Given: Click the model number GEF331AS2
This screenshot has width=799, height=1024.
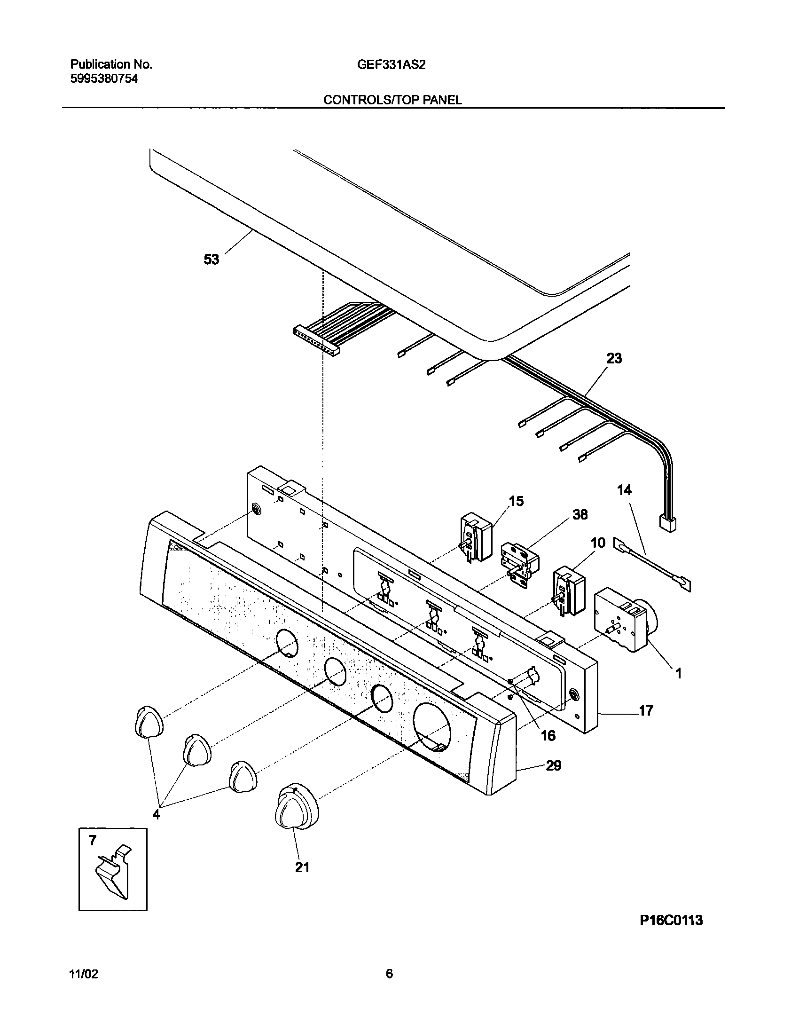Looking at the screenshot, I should (391, 65).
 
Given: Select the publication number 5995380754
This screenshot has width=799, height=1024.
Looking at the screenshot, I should (104, 79).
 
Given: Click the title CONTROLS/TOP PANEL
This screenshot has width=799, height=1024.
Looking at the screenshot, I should (392, 100).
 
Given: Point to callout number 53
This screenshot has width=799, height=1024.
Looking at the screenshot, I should (211, 259).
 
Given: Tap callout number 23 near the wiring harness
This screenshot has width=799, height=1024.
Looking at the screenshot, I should (614, 358).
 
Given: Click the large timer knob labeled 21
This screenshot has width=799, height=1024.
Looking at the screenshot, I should (296, 810).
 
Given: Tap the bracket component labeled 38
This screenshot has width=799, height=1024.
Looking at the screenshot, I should (519, 563).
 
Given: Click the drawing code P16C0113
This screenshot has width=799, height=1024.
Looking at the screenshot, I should (671, 933).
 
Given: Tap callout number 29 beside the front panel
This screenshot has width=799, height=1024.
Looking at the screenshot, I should (554, 765).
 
